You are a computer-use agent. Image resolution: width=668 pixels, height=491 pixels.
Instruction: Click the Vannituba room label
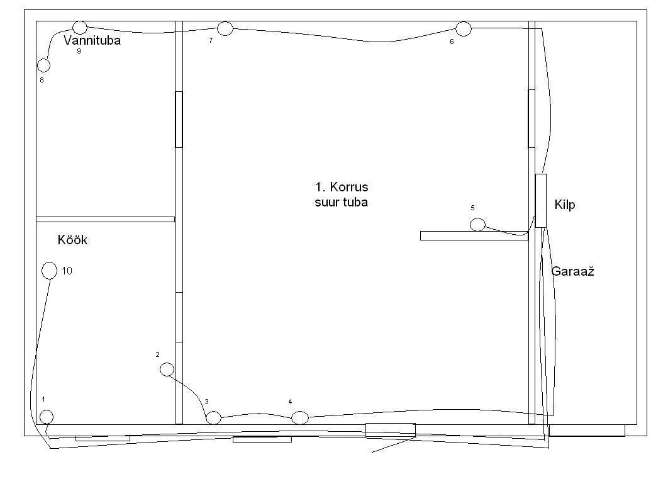(x=92, y=40)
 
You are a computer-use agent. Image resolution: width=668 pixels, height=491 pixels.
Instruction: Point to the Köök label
(x=72, y=240)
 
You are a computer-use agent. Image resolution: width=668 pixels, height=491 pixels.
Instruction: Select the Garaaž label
(x=572, y=271)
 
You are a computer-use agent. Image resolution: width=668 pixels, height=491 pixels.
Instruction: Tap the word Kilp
(x=565, y=205)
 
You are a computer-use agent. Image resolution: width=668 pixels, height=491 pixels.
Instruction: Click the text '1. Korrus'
(x=342, y=187)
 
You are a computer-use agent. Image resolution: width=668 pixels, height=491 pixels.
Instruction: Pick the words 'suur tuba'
(x=342, y=201)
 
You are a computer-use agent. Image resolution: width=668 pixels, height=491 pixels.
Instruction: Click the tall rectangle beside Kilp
(x=540, y=200)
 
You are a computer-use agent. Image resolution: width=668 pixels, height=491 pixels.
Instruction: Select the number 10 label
(x=67, y=271)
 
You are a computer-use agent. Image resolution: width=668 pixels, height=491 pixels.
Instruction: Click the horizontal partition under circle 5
(x=474, y=235)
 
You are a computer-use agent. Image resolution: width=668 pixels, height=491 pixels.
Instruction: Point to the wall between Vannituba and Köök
(x=105, y=220)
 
